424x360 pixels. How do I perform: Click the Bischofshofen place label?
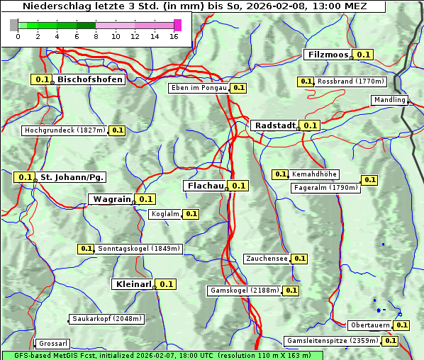click(x=90, y=80)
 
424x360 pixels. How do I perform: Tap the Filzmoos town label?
click(x=327, y=55)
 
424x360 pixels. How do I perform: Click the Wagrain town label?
click(x=111, y=199)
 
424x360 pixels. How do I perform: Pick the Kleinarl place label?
click(x=133, y=284)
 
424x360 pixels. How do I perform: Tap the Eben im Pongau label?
click(x=199, y=88)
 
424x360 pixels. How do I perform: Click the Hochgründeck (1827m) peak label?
click(x=65, y=130)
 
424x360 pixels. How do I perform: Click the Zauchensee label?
click(x=267, y=259)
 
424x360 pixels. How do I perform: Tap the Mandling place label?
click(x=389, y=100)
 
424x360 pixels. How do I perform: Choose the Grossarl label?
click(x=52, y=343)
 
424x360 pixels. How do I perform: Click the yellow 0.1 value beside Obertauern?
click(x=402, y=325)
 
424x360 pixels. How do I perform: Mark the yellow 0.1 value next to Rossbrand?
click(x=306, y=81)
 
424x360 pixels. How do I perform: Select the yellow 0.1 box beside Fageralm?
click(x=369, y=180)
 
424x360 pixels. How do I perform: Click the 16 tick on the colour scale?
click(x=174, y=36)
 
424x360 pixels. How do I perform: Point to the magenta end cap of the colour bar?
click(x=177, y=25)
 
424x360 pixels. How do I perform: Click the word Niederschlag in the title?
click(x=53, y=6)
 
